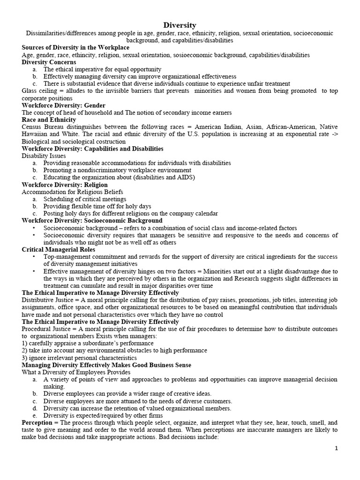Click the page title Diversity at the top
coord(180,25)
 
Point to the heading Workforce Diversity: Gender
coord(63,105)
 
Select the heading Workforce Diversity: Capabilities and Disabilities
coord(92,149)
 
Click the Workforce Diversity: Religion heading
coord(65,185)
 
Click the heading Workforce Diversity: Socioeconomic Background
coord(92,220)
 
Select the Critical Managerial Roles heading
coord(58,249)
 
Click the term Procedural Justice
coord(48,329)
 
